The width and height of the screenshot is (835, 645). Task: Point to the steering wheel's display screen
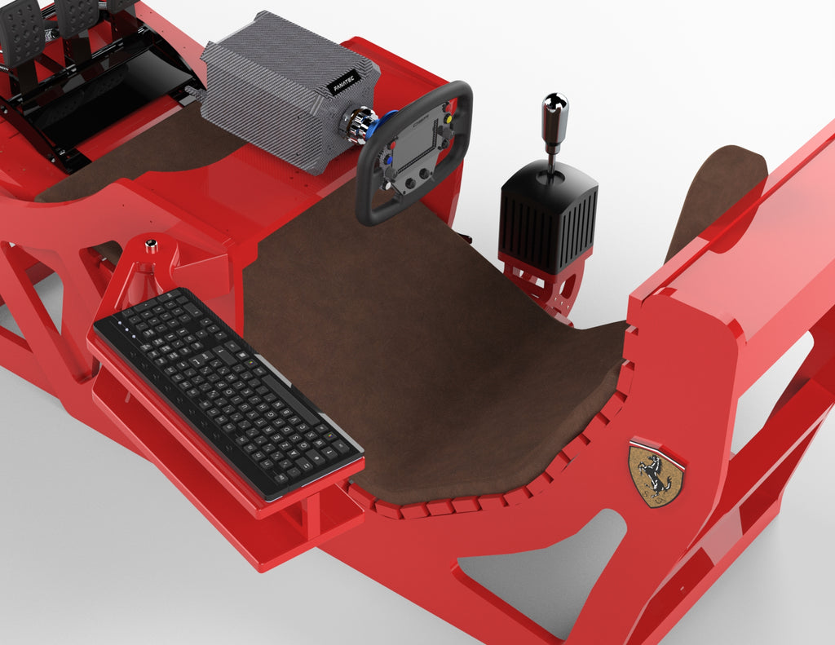(417, 143)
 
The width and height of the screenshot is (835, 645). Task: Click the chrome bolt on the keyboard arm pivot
(151, 245)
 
